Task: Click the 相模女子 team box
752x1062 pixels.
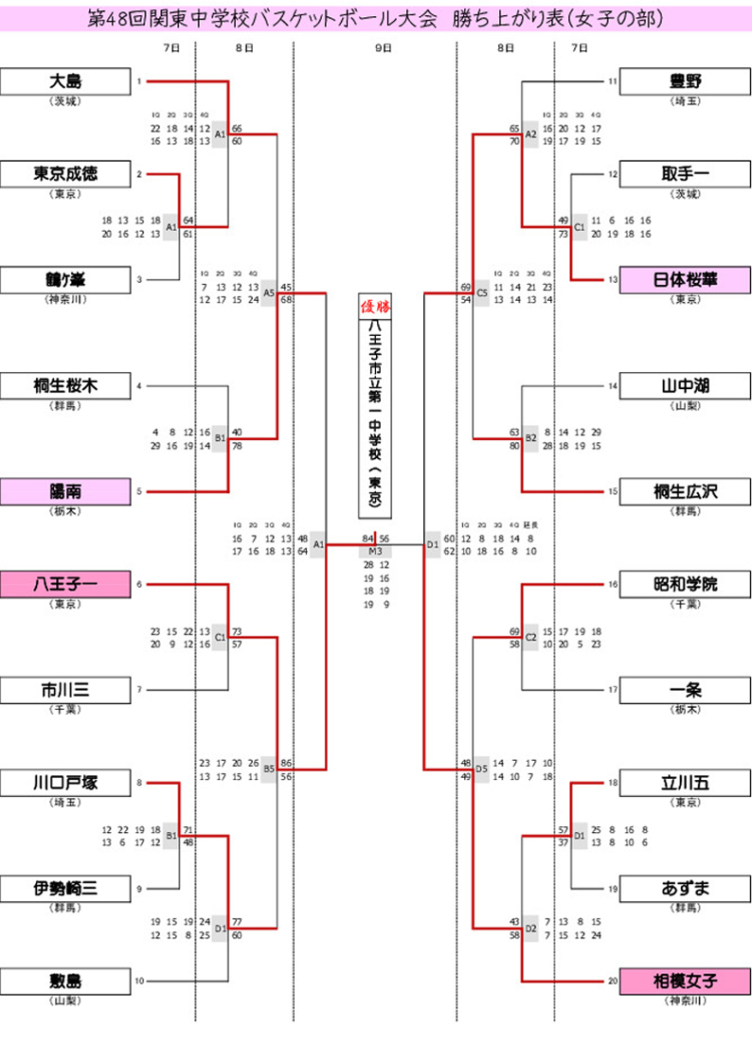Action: coord(685,982)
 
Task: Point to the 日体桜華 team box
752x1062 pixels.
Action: coord(685,280)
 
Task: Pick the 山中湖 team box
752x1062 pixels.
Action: coord(685,386)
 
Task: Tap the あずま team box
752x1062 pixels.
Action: coord(685,889)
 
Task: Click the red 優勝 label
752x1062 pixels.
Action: coord(375,305)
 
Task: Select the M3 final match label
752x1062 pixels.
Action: coord(375,551)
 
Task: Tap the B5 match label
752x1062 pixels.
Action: coord(269,770)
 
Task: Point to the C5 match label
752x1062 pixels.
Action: coord(482,293)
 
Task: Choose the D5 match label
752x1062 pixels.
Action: coord(482,770)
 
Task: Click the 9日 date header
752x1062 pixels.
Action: coord(382,46)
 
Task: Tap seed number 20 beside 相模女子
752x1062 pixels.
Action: coord(613,982)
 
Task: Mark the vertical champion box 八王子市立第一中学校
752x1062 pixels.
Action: coord(375,416)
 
